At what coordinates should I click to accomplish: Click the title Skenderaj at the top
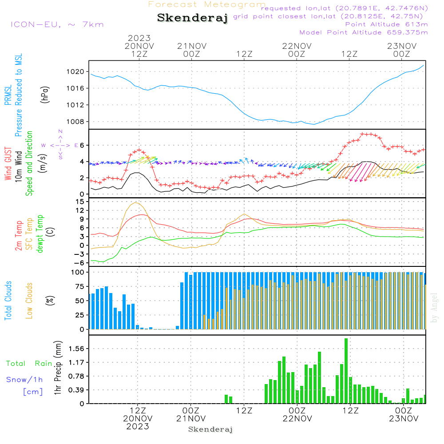point(192,18)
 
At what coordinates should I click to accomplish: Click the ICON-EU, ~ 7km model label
point(57,24)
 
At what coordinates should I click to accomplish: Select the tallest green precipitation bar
point(346,371)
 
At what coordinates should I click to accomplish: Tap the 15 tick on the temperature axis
point(80,202)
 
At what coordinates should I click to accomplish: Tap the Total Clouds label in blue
point(8,301)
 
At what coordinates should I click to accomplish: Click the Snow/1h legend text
point(24,380)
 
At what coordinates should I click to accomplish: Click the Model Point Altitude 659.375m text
point(363,32)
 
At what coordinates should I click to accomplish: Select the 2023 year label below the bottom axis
point(137,426)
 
